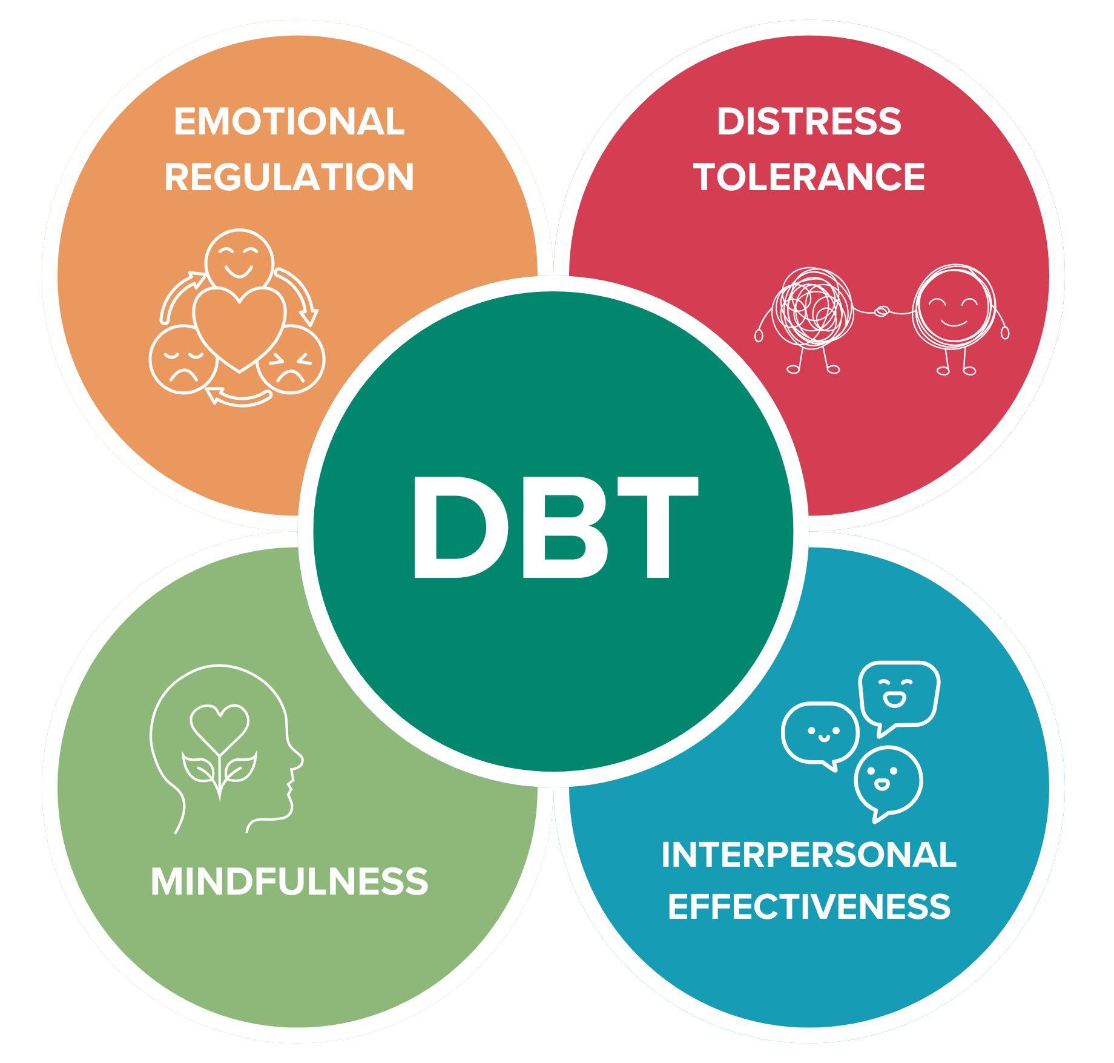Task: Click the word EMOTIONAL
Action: [289, 122]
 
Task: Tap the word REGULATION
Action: [289, 177]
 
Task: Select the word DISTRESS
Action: [809, 122]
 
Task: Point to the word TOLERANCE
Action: [809, 177]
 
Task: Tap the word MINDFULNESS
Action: [289, 882]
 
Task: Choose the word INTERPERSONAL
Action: [809, 855]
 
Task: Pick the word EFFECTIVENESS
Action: [809, 907]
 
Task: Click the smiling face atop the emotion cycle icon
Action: [237, 259]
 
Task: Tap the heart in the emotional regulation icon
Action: [240, 324]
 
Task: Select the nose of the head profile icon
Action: [298, 760]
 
